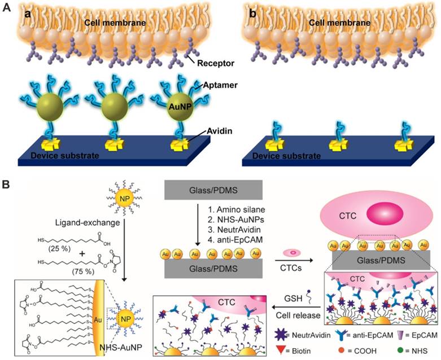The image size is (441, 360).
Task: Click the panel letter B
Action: (x=7, y=185)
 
